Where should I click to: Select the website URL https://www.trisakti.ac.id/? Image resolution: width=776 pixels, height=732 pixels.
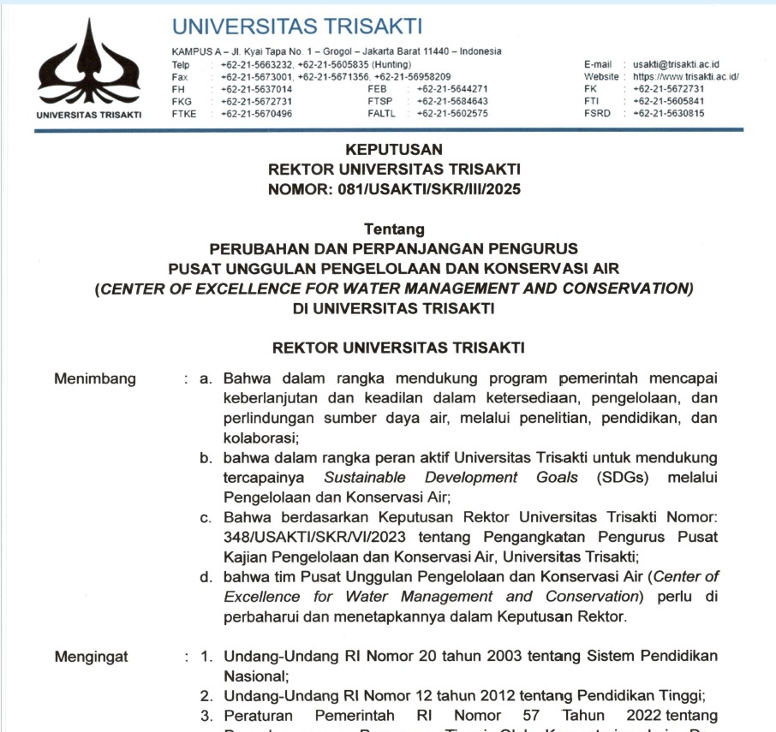686,76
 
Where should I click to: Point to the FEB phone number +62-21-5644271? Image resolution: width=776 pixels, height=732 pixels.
452,88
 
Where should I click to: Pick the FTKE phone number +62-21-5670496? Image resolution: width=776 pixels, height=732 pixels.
256,113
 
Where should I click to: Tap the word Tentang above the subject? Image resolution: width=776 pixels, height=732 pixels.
394,229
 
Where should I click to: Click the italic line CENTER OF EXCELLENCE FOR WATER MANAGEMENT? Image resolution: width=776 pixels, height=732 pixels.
394,289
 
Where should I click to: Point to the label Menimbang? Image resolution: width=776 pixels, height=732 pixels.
94,378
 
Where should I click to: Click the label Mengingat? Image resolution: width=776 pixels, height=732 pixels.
92,657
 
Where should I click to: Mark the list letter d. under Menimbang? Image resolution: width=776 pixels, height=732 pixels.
206,576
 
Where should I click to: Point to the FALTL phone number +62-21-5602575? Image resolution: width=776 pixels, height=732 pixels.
452,113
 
